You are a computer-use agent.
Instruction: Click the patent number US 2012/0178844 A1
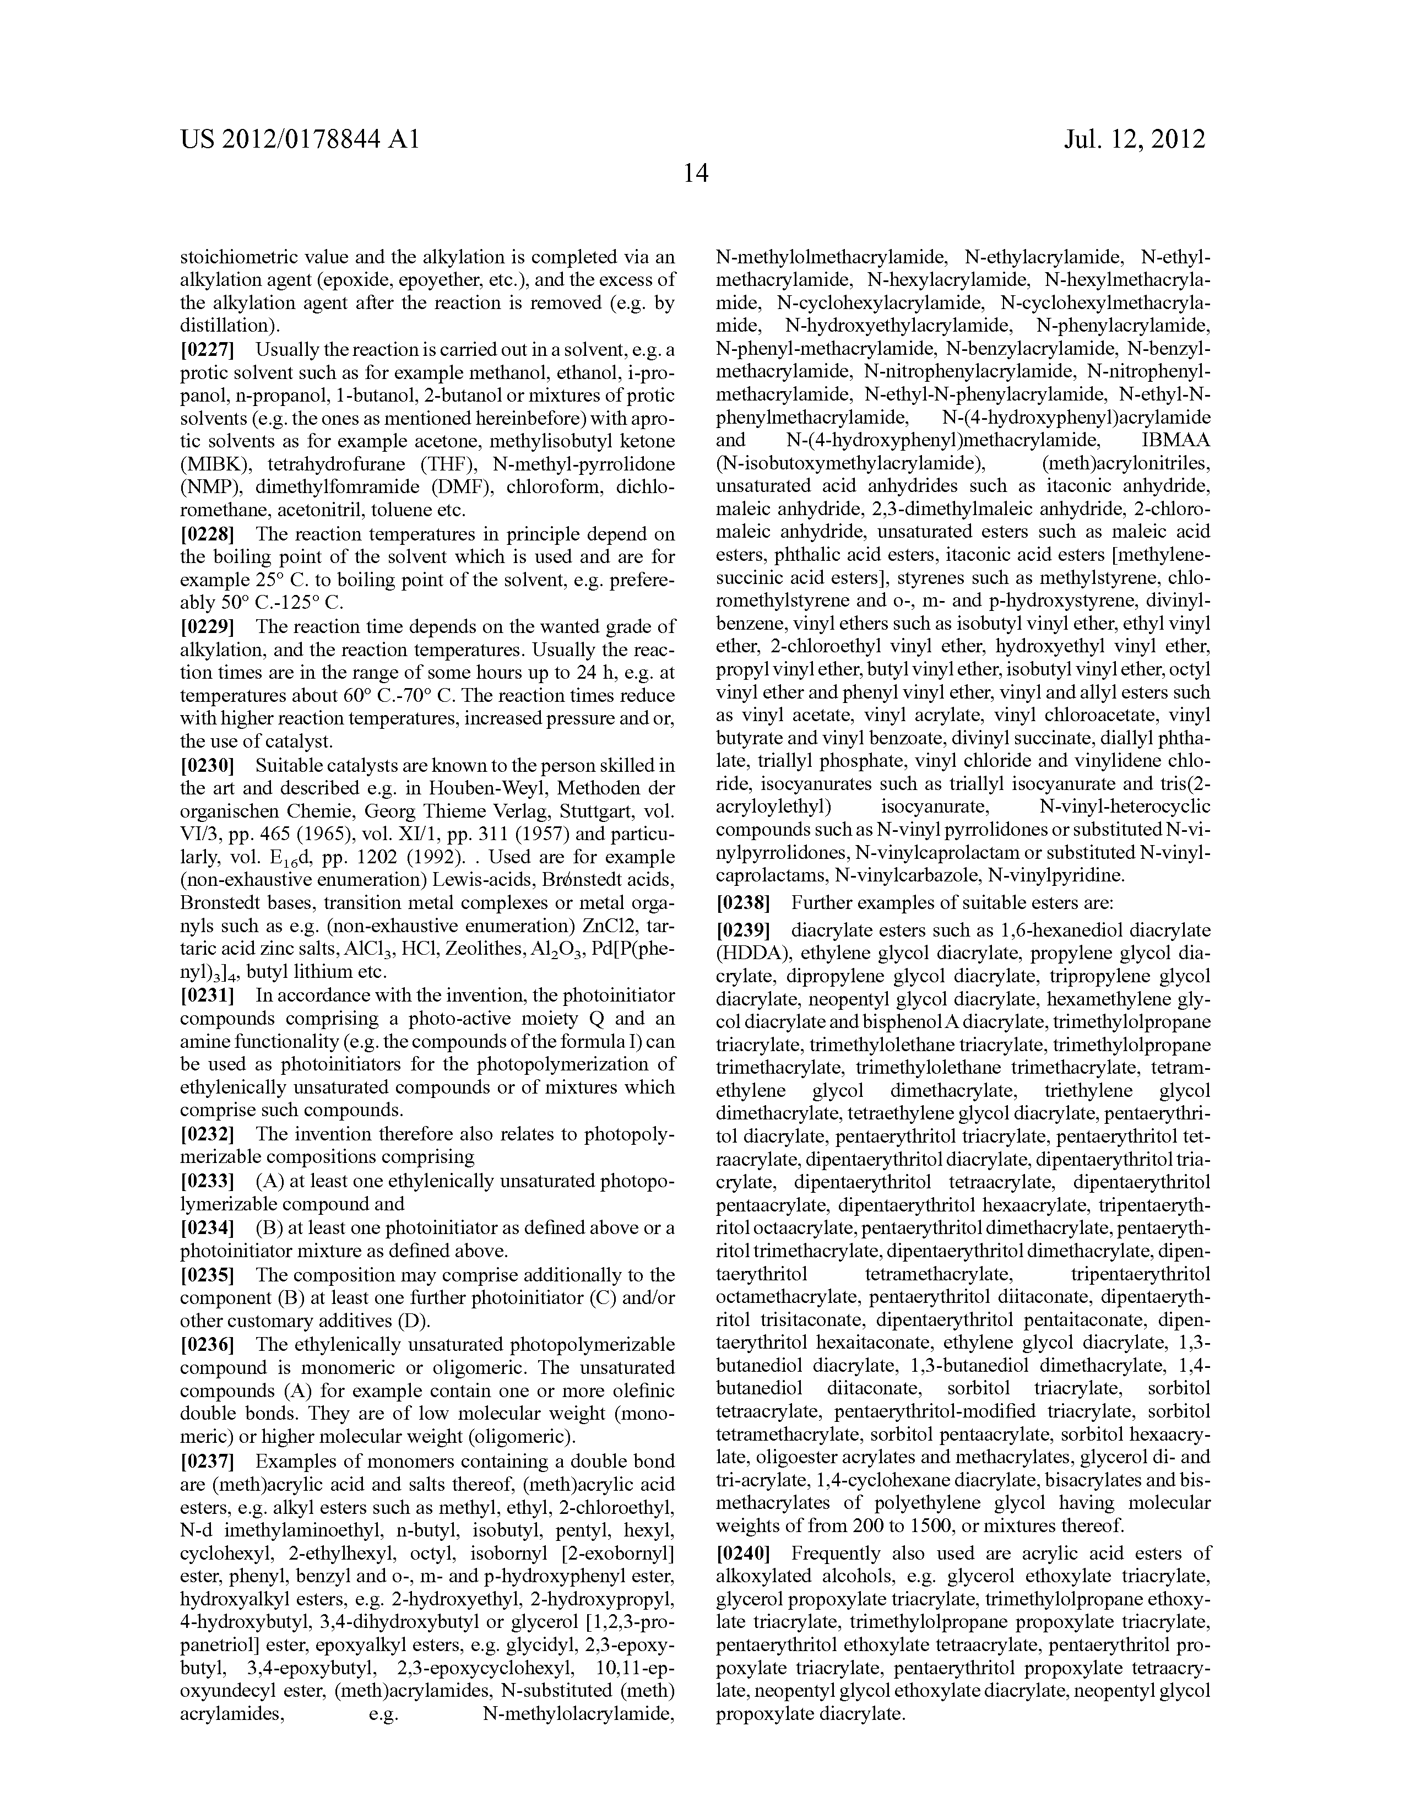click(299, 139)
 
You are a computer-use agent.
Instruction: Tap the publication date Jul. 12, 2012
click(1135, 139)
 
